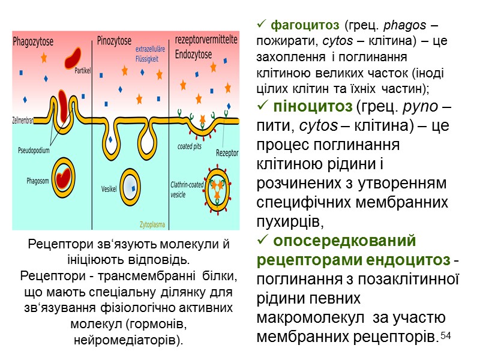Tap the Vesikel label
[x=109, y=188]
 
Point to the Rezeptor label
[x=227, y=153]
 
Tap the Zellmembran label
[x=23, y=120]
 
